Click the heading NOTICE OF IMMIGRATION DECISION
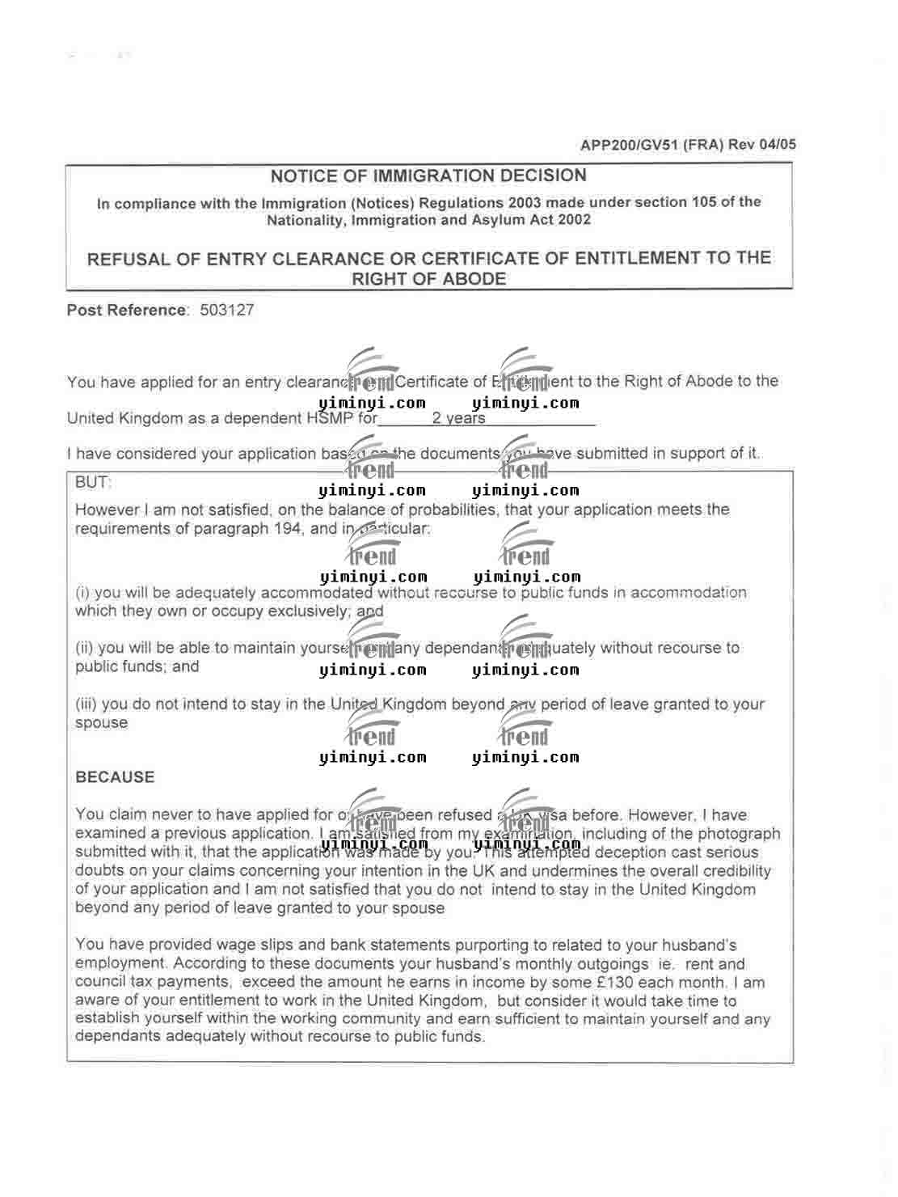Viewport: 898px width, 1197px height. [x=428, y=176]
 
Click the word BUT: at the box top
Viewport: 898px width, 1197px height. [x=93, y=483]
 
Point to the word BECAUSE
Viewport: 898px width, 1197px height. [x=115, y=777]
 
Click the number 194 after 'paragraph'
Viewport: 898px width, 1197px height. [x=287, y=529]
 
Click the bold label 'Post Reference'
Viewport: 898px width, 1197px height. [x=126, y=311]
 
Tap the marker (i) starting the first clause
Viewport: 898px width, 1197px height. [x=82, y=593]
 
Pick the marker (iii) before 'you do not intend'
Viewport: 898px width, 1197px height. [x=86, y=704]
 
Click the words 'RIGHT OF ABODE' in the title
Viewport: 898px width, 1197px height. [x=428, y=280]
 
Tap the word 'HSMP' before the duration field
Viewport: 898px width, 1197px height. [x=330, y=419]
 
